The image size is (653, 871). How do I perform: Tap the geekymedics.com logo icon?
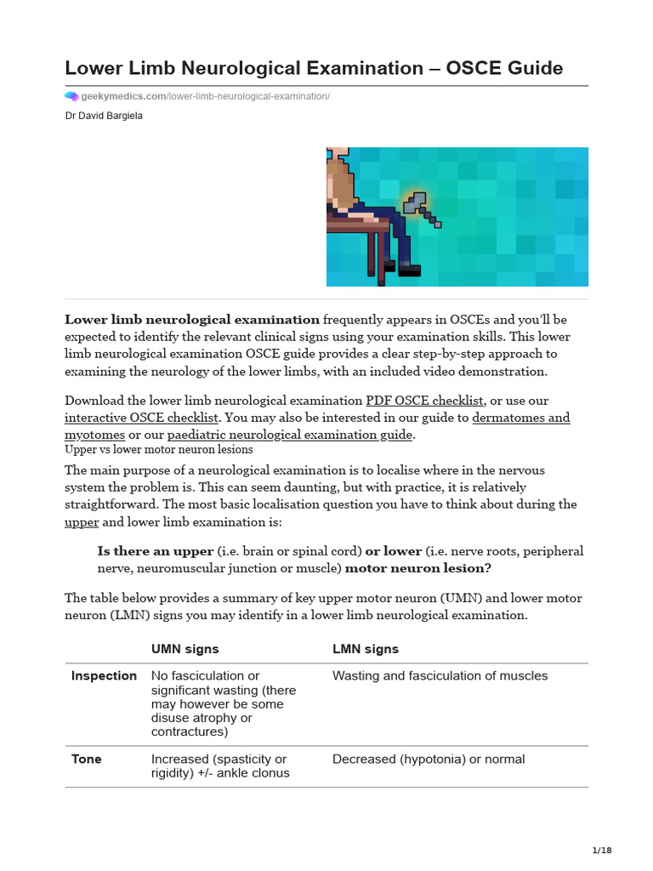[x=71, y=97]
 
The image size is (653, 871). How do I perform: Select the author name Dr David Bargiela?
[x=104, y=116]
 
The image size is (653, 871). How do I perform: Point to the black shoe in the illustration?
[x=409, y=270]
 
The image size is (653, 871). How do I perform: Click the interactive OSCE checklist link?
[x=142, y=418]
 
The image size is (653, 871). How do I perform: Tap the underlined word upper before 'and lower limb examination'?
[x=82, y=521]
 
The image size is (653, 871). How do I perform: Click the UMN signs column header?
[x=185, y=649]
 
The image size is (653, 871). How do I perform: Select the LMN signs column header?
[x=365, y=649]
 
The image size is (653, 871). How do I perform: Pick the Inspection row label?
[x=104, y=676]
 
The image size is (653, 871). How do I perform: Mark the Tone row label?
[x=86, y=760]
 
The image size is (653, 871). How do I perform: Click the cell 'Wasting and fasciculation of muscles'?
[x=440, y=676]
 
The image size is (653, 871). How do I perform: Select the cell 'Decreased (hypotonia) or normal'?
[x=428, y=760]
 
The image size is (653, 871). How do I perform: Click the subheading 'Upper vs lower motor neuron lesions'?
[x=158, y=450]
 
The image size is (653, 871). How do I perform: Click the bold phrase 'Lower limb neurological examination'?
[x=192, y=320]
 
